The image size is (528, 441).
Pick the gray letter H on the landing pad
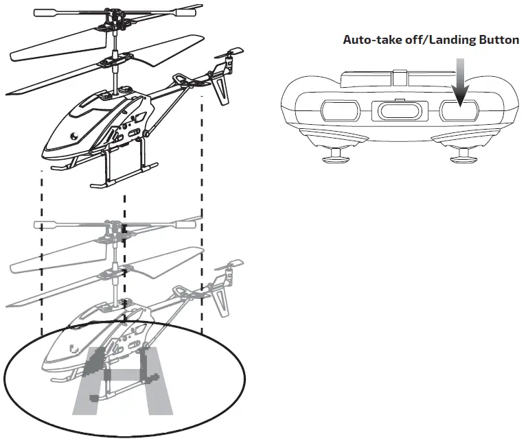[x=124, y=381]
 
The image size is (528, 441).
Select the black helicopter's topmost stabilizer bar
[x=110, y=12]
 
